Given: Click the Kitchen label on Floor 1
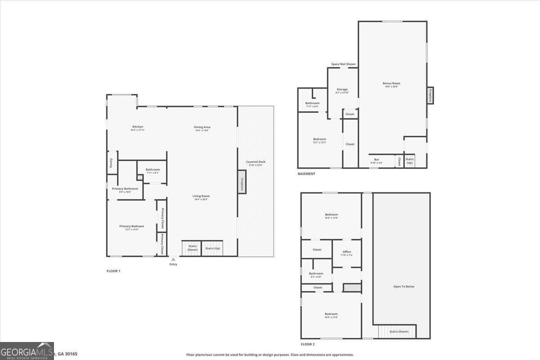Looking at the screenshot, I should click(x=138, y=127).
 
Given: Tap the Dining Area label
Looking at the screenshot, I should click(x=202, y=127).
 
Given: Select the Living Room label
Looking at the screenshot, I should click(x=202, y=196).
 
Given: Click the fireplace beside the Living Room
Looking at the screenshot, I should click(x=242, y=182).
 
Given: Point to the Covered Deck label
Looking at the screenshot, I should click(x=255, y=162).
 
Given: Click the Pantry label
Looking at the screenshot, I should click(x=111, y=162).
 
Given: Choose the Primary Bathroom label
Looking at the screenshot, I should click(x=125, y=189).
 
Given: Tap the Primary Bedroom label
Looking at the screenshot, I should click(x=131, y=226).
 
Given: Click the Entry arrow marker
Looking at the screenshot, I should click(x=173, y=259).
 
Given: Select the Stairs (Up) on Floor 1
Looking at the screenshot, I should click(x=212, y=248).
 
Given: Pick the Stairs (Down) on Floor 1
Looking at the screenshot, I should click(x=192, y=248).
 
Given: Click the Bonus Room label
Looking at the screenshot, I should click(x=391, y=83).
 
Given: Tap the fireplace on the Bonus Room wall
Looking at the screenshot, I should click(x=430, y=95).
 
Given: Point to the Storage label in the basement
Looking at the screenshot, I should click(x=342, y=90).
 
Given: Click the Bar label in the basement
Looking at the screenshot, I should click(x=377, y=160).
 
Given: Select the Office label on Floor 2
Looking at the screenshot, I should click(x=346, y=252).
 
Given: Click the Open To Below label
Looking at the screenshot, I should click(x=404, y=286).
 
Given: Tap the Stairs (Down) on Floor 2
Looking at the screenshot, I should click(x=398, y=332).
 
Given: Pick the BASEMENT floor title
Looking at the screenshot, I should click(x=306, y=174).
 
